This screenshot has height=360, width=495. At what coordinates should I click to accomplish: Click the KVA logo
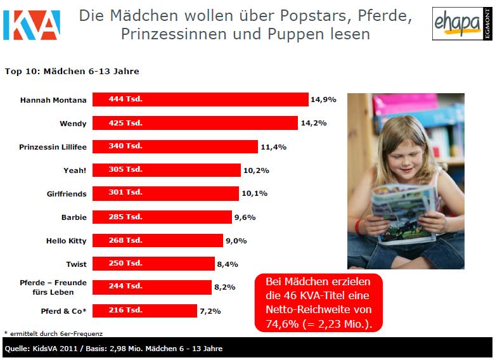tap(31, 25)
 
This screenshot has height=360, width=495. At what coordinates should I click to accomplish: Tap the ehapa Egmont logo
tap(458, 24)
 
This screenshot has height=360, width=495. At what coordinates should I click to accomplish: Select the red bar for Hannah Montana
tap(200, 100)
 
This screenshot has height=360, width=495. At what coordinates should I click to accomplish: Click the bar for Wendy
tap(195, 123)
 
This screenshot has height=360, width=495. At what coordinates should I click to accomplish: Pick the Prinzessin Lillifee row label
tap(53, 146)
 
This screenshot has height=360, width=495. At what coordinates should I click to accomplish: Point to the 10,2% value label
tap(255, 170)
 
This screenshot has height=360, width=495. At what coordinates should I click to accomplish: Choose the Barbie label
tap(74, 217)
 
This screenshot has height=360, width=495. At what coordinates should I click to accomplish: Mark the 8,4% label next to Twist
tap(229, 264)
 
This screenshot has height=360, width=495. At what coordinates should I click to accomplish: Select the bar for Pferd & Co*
tap(145, 311)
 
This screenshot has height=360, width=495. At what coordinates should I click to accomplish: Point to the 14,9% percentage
tap(323, 100)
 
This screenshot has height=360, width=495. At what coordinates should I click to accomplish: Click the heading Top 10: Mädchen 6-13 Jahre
tap(72, 72)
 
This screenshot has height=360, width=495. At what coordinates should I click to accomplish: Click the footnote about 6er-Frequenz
tap(53, 333)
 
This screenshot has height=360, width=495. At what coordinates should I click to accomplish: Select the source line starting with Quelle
tap(114, 349)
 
